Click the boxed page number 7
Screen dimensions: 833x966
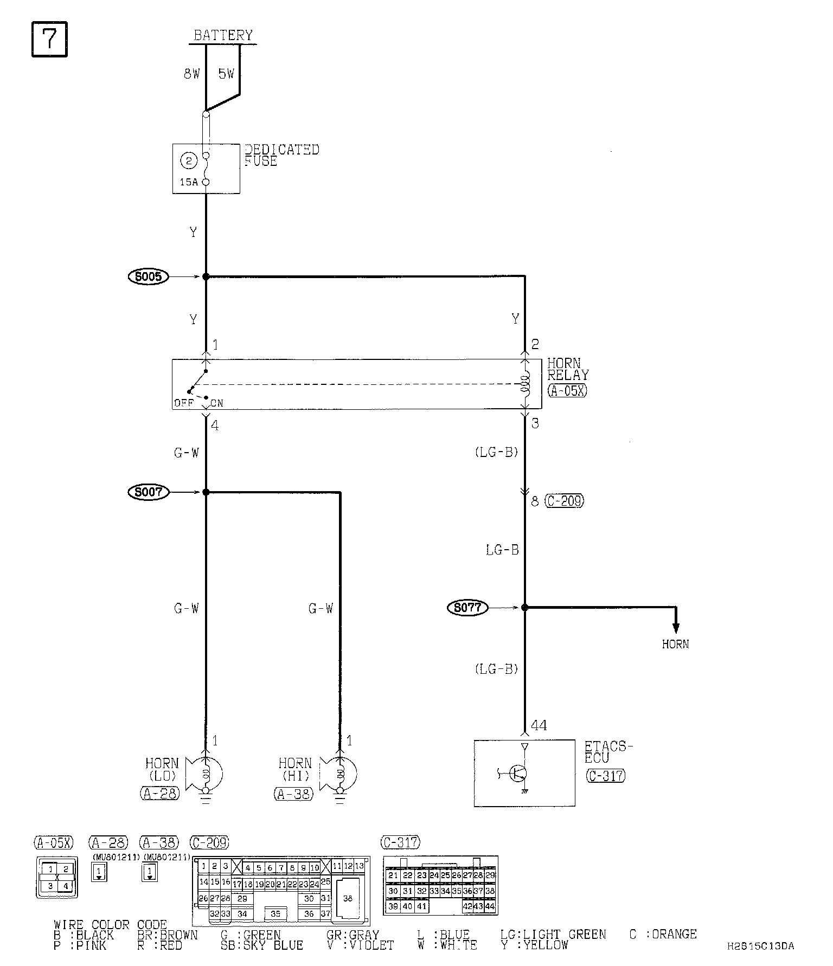tap(49, 39)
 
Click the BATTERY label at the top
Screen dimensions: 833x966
tap(223, 36)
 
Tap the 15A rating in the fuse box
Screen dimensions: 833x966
tap(189, 182)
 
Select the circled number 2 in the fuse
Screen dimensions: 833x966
tap(189, 161)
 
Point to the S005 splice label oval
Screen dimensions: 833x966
tap(149, 277)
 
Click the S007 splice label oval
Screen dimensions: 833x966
tap(149, 492)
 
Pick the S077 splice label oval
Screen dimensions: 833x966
tap(467, 608)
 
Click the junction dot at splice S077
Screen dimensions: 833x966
tap(524, 608)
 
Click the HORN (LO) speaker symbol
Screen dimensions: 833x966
tap(204, 772)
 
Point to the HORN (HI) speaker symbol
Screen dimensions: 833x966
tap(339, 772)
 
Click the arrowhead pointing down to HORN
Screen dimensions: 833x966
tap(676, 628)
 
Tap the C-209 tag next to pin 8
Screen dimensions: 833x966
tap(565, 501)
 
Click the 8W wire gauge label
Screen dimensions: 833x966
tap(191, 74)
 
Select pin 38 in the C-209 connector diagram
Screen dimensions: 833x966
tap(348, 898)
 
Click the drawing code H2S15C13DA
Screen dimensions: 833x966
tap(760, 946)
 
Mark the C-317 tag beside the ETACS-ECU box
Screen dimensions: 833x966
tap(606, 776)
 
